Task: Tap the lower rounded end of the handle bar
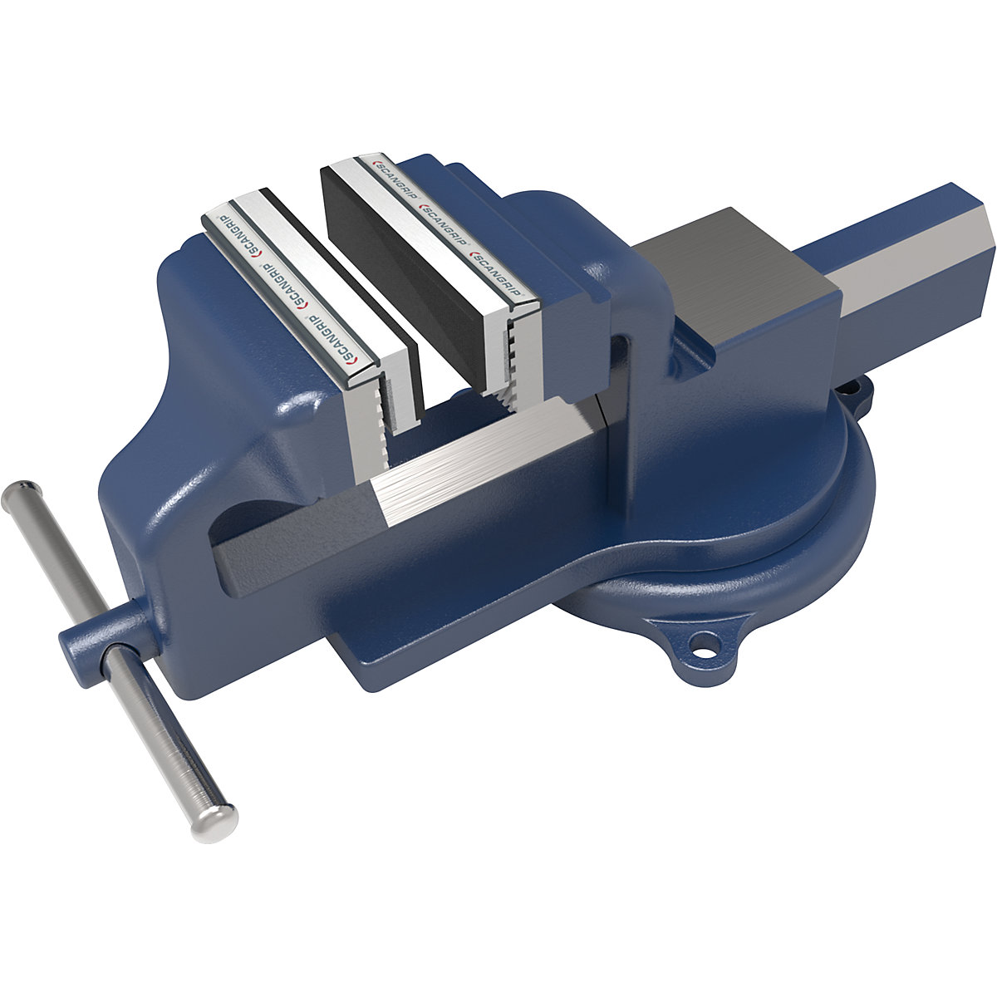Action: pos(216,818)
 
